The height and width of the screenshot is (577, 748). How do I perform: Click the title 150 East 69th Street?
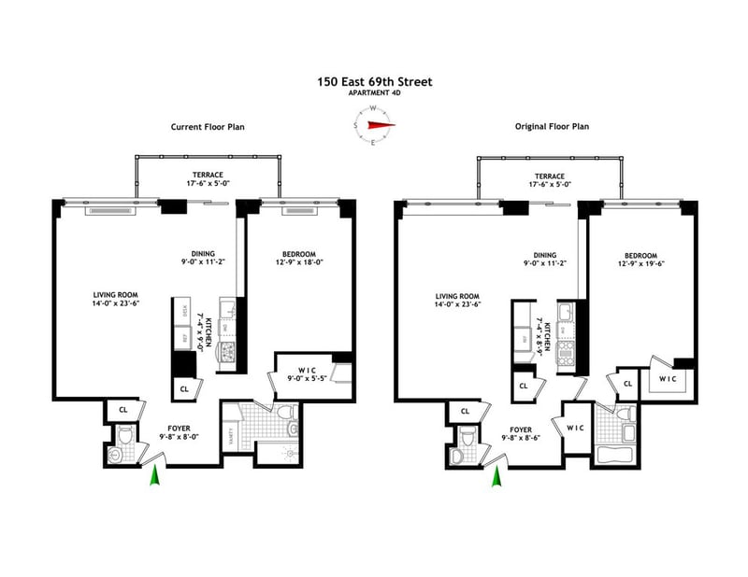(374, 82)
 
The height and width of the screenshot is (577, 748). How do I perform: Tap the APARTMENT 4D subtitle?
(374, 94)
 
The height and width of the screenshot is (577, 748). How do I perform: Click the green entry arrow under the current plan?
(154, 476)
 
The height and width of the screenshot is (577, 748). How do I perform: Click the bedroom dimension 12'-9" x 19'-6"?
(641, 265)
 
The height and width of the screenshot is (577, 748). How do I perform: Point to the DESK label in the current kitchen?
(184, 310)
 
